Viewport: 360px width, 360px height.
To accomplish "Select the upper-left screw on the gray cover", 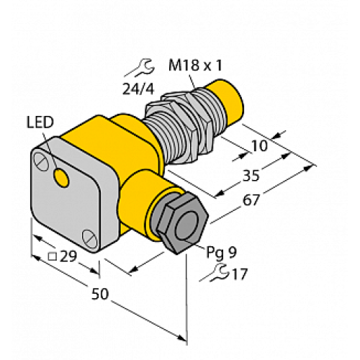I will pyautogui.click(x=45, y=153).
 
